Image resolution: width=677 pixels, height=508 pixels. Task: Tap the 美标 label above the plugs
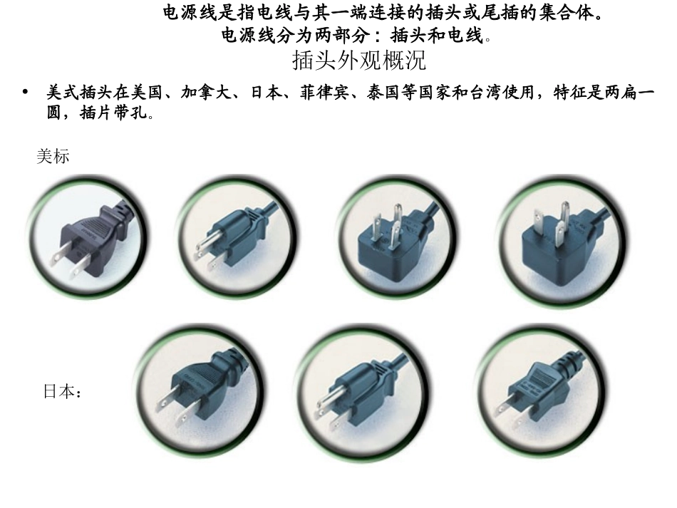pos(53,157)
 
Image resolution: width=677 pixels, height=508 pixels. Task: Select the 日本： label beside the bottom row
pos(63,392)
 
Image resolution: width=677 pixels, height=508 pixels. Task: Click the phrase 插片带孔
pos(113,113)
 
